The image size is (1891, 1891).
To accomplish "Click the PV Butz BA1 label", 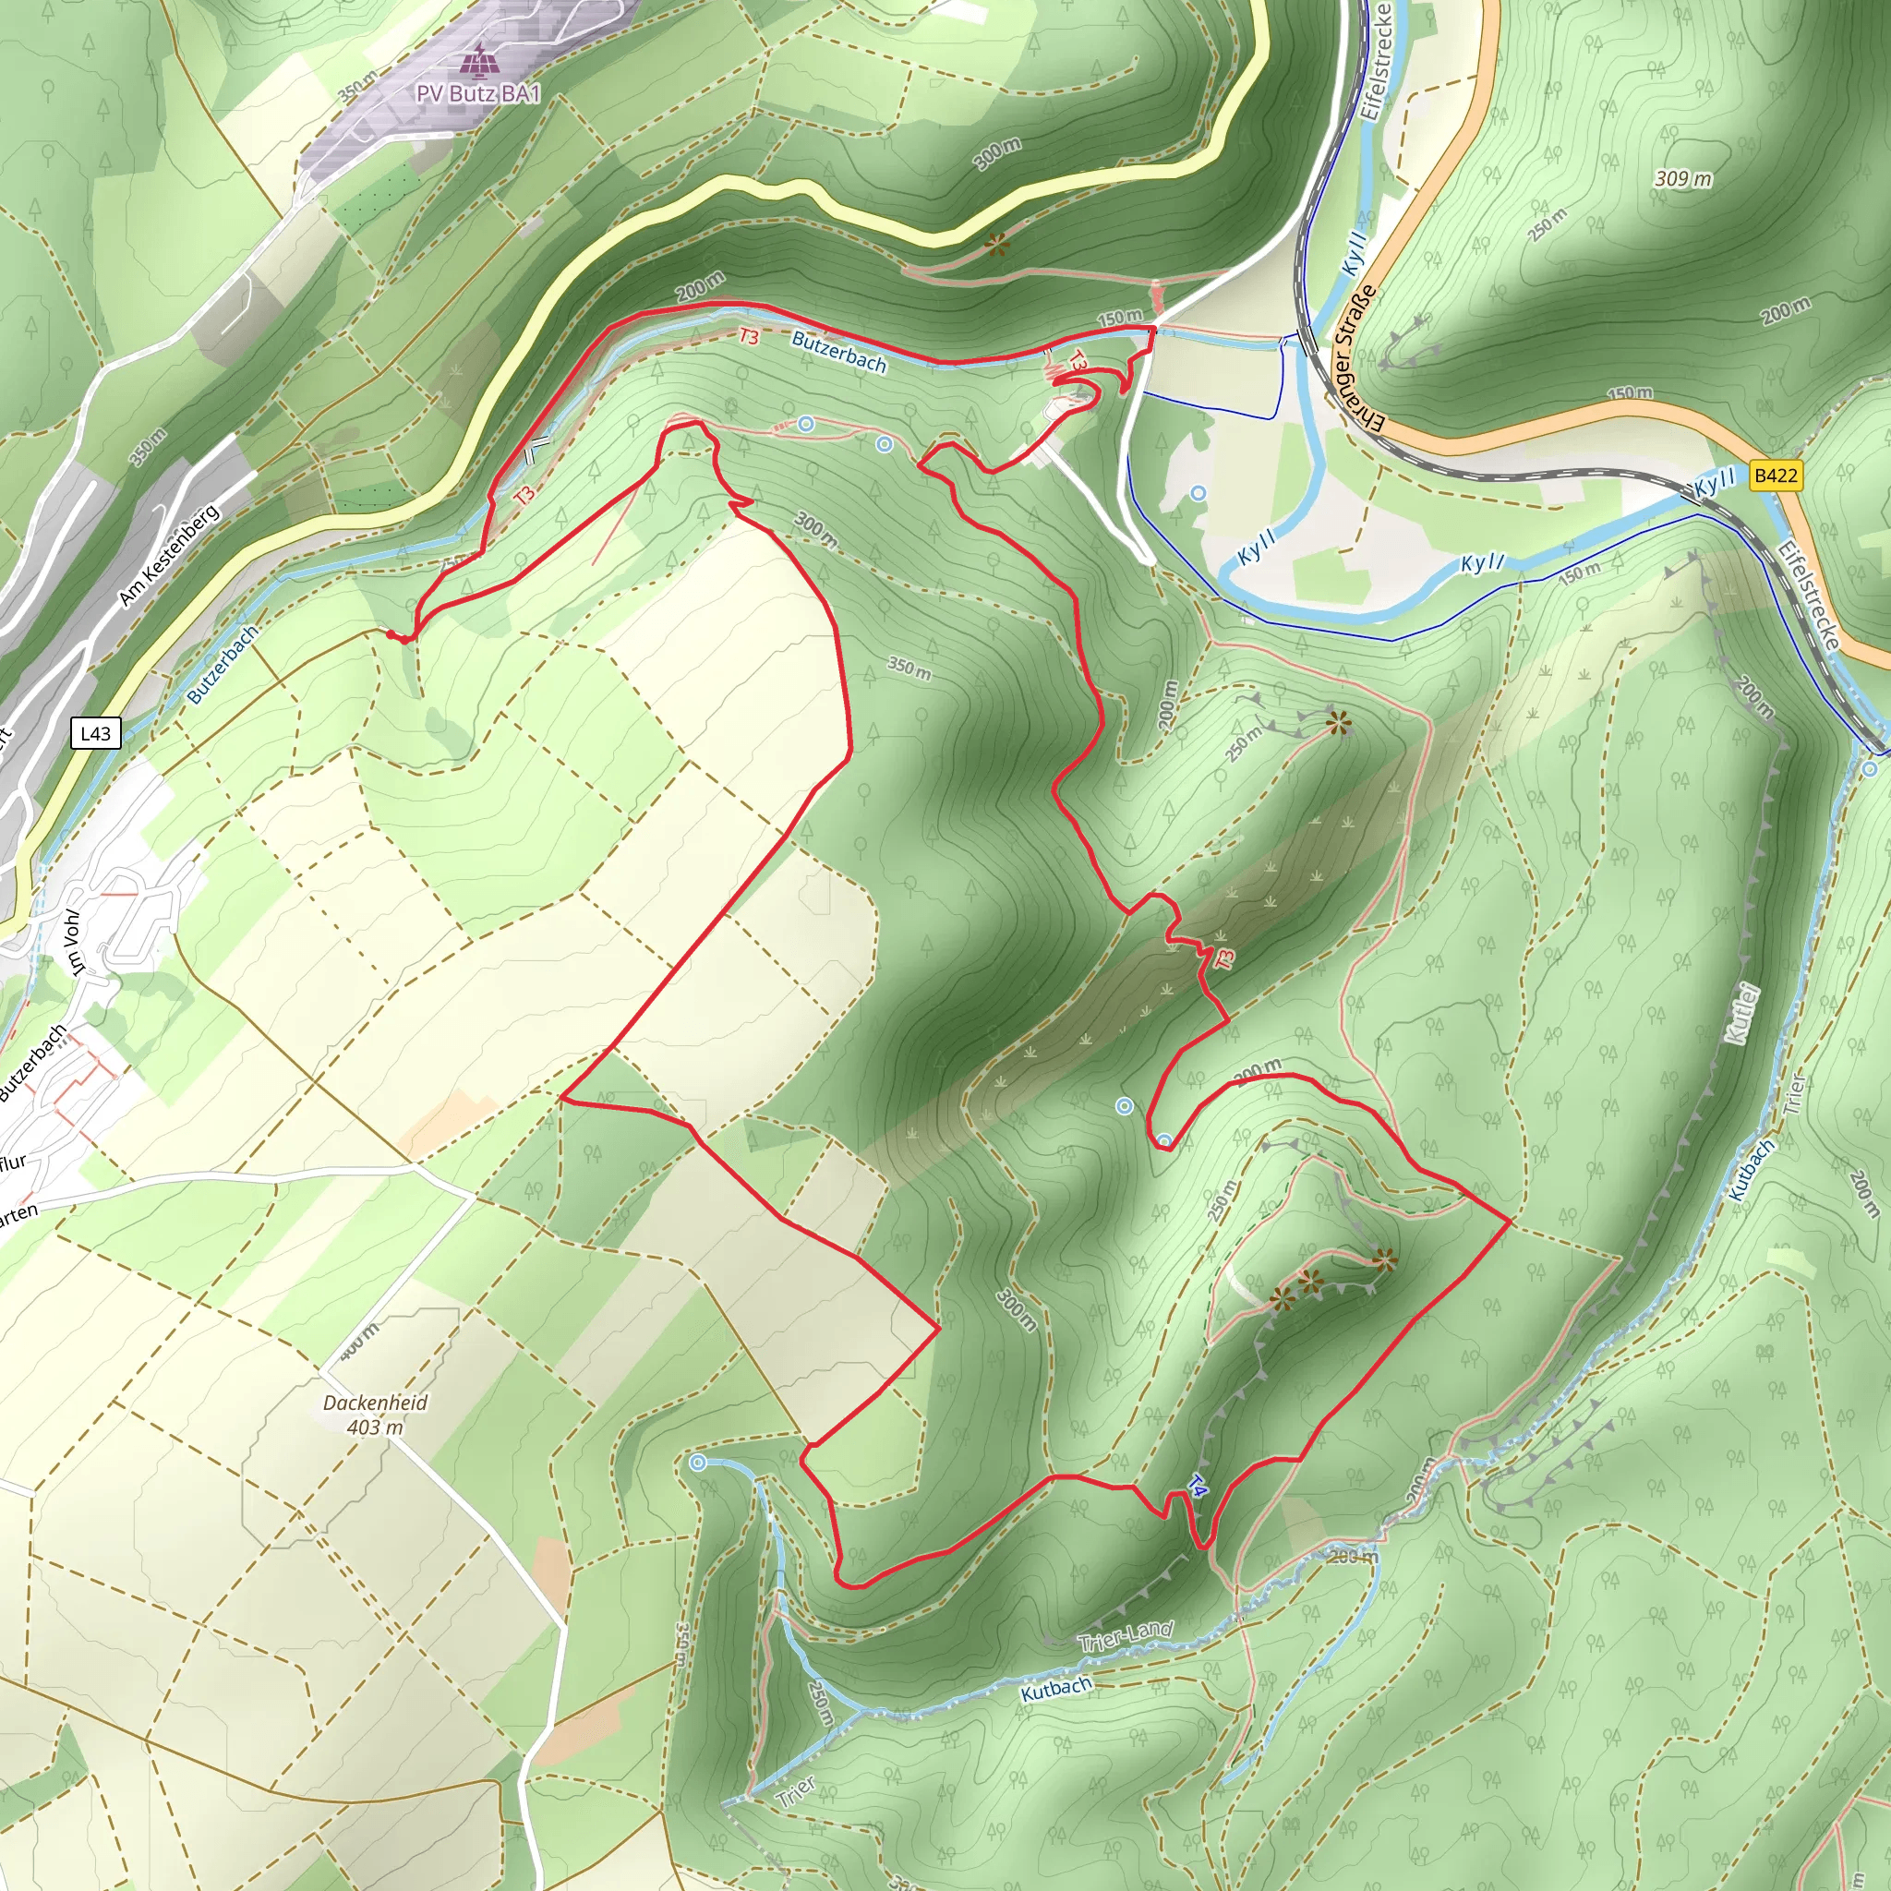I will pos(477,94).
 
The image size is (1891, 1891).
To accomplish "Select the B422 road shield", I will pos(1775,476).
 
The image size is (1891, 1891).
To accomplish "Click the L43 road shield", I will pos(96,733).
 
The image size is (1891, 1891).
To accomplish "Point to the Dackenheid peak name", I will pos(376,1403).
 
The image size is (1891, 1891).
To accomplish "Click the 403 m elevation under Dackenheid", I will pos(375,1427).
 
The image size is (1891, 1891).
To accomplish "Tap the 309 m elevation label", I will pos(1682,178).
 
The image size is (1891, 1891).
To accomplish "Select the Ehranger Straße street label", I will pos(1358,359).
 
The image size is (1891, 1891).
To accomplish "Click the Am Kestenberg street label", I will pos(169,555).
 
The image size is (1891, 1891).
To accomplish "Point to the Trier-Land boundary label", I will pos(1126,1635).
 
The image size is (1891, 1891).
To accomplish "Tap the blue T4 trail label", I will pos(1197,1487).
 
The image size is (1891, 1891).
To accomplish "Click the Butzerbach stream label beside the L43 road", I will pos(223,665).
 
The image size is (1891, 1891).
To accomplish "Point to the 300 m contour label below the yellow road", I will pos(997,153).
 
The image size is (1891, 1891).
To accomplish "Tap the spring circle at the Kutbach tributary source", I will pos(698,1463).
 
